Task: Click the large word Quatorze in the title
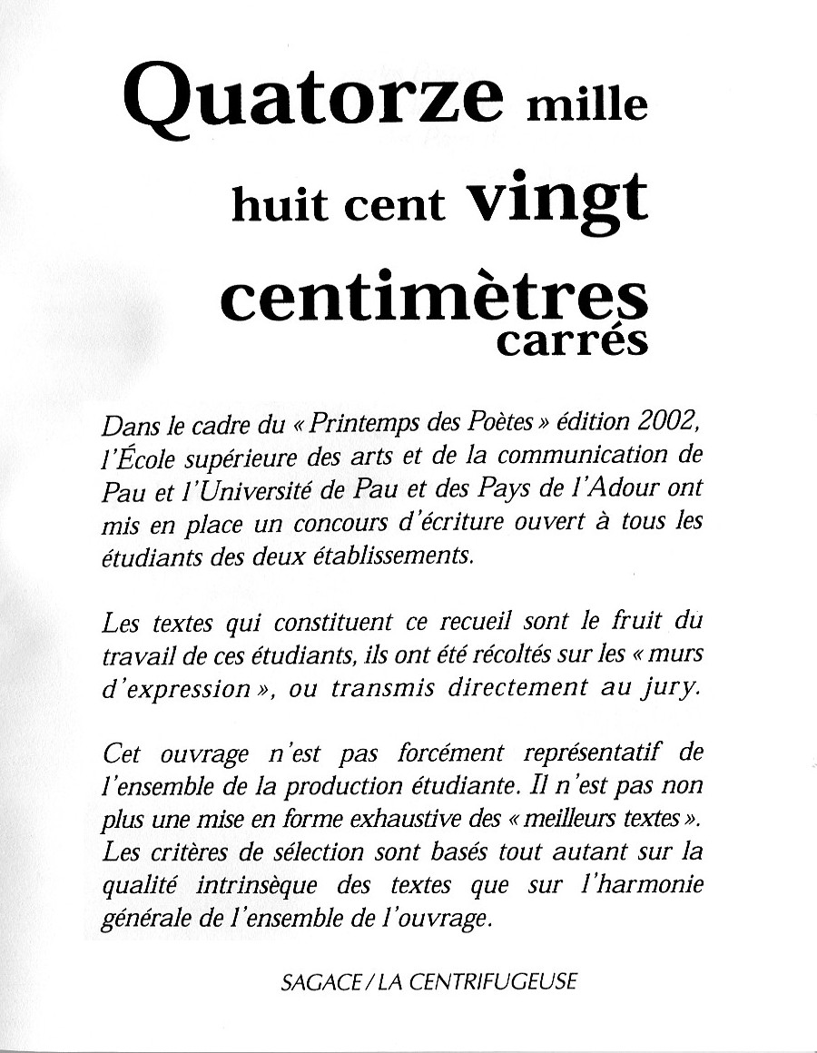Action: click(313, 101)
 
